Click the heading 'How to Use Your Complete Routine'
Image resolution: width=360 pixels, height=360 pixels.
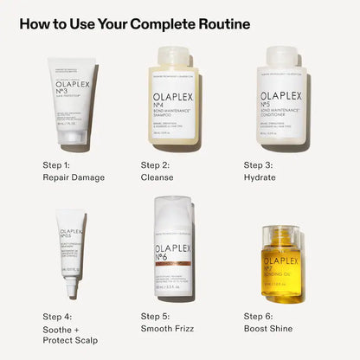coord(134,24)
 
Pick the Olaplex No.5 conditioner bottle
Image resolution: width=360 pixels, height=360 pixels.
coord(279,100)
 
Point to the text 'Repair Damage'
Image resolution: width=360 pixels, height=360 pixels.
coord(74,178)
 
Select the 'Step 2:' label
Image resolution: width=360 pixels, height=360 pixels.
coord(157,164)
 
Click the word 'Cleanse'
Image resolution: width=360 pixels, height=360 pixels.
coord(158,178)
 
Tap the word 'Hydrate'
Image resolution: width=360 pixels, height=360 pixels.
coord(260,178)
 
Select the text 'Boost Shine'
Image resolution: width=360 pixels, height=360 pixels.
coord(268,330)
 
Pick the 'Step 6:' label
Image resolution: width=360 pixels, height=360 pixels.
coord(260,316)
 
